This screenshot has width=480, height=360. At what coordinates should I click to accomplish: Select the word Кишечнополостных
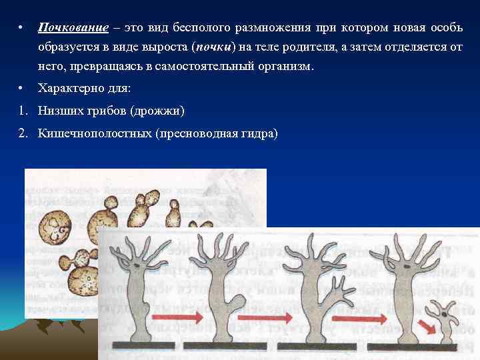[94, 133]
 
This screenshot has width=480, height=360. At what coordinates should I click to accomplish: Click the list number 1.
[21, 111]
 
